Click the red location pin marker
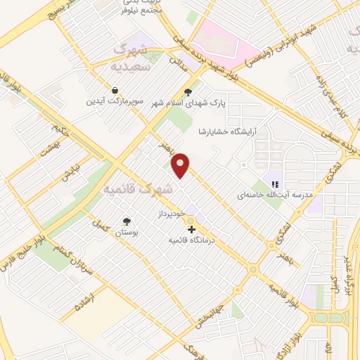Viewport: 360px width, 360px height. pos(181,165)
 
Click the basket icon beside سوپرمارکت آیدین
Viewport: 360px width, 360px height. pos(114,91)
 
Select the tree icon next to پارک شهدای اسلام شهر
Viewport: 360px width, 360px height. pos(187,91)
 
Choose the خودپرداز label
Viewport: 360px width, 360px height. pos(170,212)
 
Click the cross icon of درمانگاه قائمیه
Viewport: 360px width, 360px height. pos(192,229)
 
